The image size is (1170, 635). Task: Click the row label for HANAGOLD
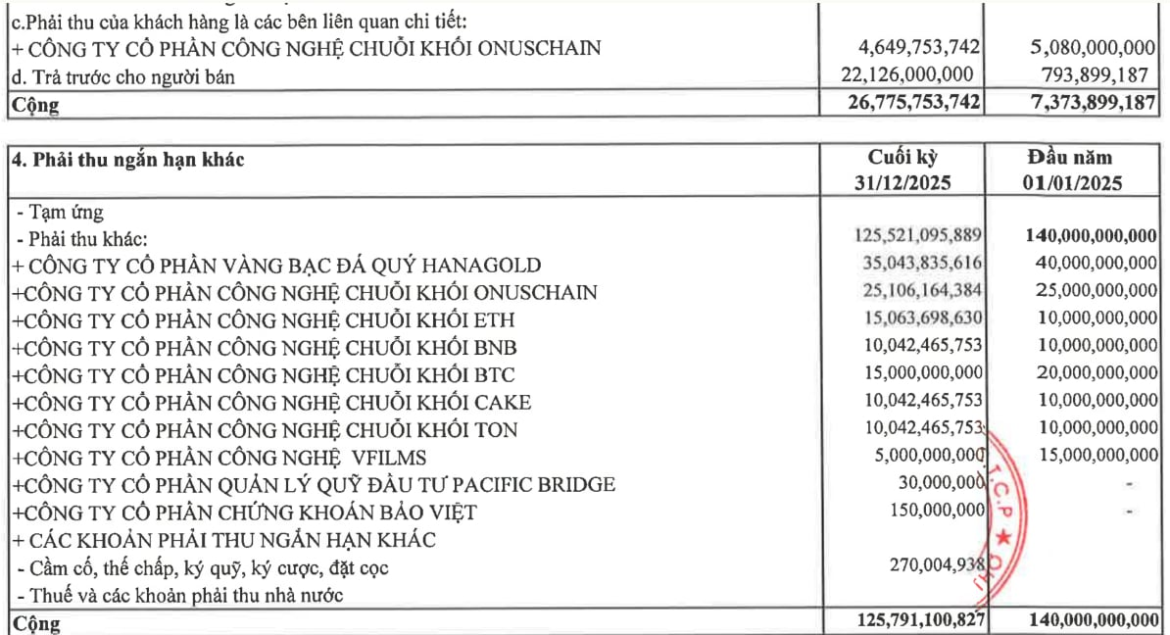(276, 265)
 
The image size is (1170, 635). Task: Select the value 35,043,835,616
(920, 264)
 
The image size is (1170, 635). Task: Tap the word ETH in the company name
(493, 319)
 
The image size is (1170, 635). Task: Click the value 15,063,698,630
(920, 318)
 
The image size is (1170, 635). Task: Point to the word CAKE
(502, 402)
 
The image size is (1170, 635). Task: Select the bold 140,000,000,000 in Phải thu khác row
(1090, 236)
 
